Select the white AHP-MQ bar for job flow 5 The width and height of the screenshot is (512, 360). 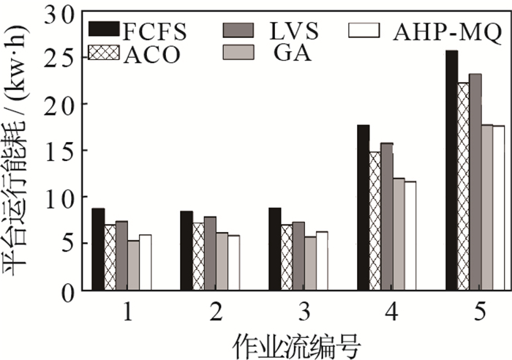pos(498,208)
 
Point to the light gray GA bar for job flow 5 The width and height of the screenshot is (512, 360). pos(486,208)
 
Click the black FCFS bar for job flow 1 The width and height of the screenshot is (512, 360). pos(98,249)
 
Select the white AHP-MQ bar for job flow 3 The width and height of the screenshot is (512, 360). pos(322,260)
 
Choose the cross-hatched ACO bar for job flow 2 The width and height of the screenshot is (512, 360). pos(197,257)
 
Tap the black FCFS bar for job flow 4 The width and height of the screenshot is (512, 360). pos(363,208)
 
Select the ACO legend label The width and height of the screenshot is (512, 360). pos(151,55)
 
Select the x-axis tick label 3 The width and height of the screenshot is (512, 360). pos(304,312)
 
